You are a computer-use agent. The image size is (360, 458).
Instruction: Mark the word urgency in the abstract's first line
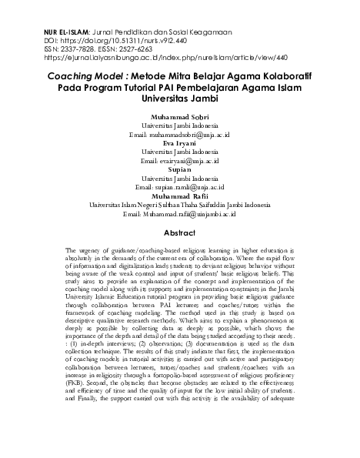coord(94,252)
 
